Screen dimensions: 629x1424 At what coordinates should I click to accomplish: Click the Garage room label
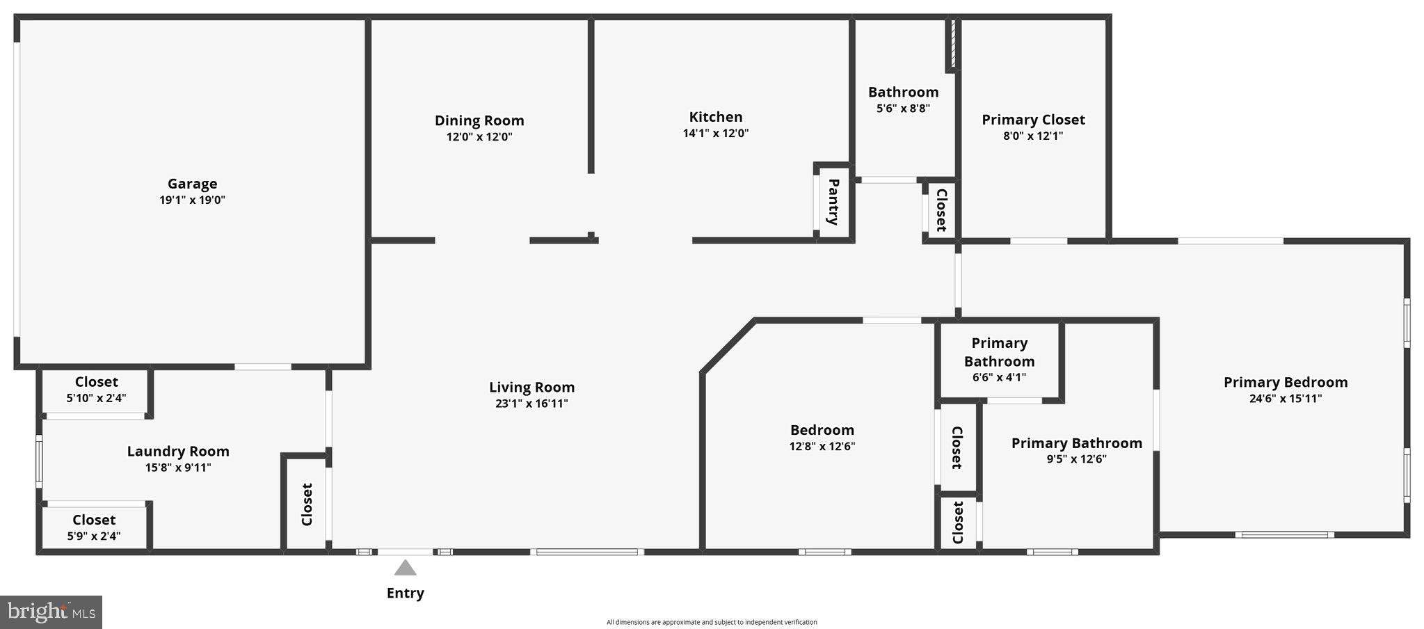192,184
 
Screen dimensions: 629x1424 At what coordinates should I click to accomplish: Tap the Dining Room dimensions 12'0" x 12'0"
479,137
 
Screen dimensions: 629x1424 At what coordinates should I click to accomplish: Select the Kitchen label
715,117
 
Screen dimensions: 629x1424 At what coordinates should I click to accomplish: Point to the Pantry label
833,202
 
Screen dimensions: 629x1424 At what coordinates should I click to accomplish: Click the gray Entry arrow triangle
405,568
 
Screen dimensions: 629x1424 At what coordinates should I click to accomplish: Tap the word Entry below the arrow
405,593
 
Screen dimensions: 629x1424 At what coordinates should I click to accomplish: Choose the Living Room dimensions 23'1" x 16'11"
531,404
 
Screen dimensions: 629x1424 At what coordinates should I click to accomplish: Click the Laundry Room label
178,451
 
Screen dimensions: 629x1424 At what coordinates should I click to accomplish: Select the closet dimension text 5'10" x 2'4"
96,399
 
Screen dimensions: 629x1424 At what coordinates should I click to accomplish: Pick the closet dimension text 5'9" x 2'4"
94,536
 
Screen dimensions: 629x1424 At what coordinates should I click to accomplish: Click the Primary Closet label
1033,120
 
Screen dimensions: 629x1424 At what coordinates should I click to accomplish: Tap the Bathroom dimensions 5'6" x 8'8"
903,109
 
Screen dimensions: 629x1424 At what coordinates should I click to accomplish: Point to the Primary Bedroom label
1286,382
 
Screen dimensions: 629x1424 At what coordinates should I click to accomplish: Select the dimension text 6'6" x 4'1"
999,378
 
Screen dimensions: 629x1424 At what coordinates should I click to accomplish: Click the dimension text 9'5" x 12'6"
1076,459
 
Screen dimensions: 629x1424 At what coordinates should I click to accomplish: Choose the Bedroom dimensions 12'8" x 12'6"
822,447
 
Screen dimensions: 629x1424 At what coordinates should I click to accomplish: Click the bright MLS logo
51,612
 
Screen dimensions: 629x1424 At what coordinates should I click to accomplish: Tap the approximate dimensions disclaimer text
712,622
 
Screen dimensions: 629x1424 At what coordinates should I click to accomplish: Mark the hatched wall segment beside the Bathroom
952,44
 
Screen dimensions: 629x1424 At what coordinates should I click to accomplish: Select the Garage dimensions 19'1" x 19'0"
192,200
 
